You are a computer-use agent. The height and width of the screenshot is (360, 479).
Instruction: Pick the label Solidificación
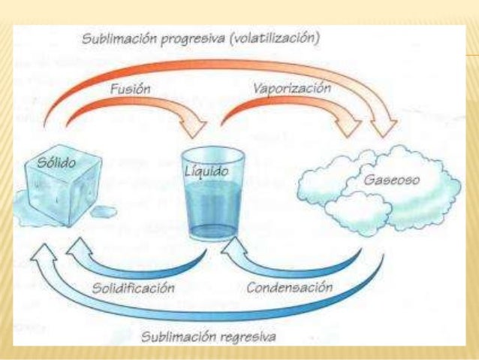(134, 287)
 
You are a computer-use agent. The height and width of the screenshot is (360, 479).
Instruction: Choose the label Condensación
(289, 287)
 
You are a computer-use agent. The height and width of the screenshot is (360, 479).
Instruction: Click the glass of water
(213, 195)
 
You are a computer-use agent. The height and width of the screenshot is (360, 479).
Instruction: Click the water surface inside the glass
(213, 189)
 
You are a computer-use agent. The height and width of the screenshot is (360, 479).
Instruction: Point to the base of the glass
(213, 233)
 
